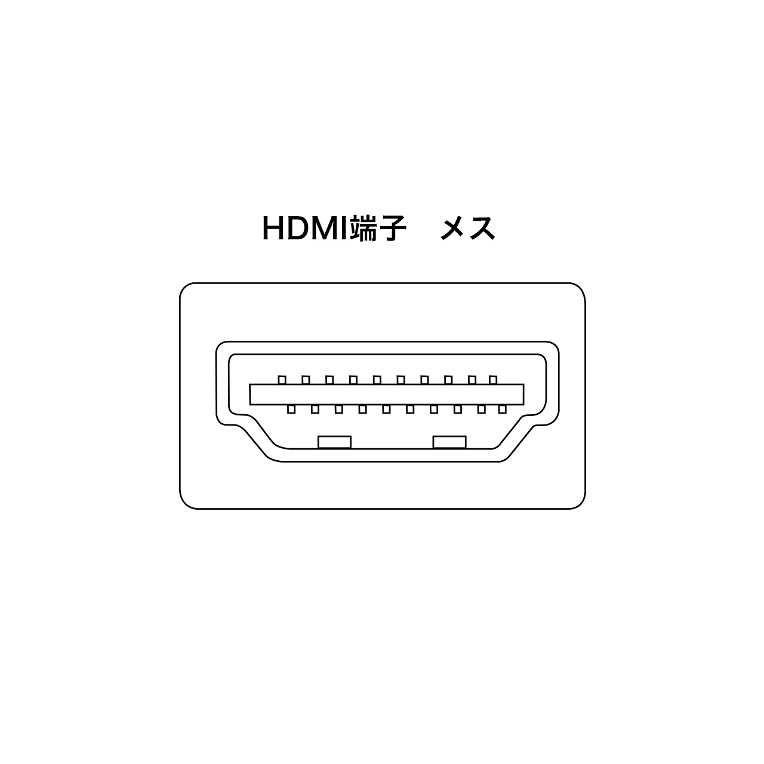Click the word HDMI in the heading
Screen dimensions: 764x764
click(305, 229)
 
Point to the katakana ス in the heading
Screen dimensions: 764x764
click(482, 229)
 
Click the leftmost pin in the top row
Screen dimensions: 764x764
click(282, 380)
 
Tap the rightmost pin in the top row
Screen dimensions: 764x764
click(493, 380)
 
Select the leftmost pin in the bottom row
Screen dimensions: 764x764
click(291, 409)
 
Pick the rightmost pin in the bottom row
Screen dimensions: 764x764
click(503, 409)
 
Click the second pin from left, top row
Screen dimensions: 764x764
click(306, 380)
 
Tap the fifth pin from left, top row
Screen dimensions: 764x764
click(377, 380)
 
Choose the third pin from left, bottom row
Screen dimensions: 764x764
click(339, 409)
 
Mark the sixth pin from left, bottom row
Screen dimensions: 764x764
click(410, 409)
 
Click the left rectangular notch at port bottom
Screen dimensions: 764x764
click(335, 442)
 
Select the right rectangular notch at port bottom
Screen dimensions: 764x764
click(449, 442)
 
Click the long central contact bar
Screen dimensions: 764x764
click(387, 395)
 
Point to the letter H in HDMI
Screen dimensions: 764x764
click(272, 229)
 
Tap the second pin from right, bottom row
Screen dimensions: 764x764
click(481, 409)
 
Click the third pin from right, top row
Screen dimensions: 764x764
click(448, 380)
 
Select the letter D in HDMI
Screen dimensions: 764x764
click(298, 229)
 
